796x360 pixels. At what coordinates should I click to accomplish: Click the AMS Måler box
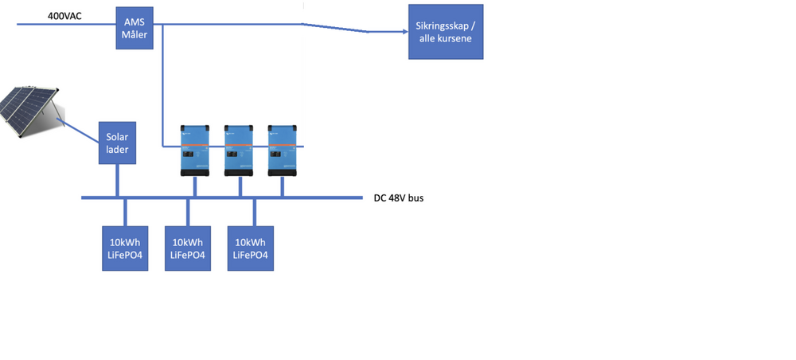pyautogui.click(x=135, y=29)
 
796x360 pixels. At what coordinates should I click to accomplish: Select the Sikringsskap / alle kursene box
pyautogui.click(x=445, y=31)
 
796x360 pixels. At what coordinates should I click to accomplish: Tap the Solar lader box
pyautogui.click(x=117, y=143)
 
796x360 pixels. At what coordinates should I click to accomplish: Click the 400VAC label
pyautogui.click(x=64, y=15)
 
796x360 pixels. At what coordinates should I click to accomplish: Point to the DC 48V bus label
pyautogui.click(x=398, y=198)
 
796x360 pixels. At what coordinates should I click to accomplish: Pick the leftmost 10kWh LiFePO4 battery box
pyautogui.click(x=125, y=248)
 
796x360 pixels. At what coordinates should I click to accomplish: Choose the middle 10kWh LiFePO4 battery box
pyautogui.click(x=187, y=248)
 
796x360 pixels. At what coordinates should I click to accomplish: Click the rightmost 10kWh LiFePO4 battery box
pyautogui.click(x=252, y=248)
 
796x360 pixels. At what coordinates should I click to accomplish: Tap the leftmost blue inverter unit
pyautogui.click(x=195, y=151)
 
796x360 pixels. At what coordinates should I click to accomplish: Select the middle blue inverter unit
pyautogui.click(x=238, y=151)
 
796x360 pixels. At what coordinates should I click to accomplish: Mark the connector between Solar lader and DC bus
pyautogui.click(x=118, y=180)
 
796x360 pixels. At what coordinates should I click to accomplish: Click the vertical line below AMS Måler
pyautogui.click(x=162, y=88)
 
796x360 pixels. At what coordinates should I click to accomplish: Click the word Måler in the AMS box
pyautogui.click(x=135, y=35)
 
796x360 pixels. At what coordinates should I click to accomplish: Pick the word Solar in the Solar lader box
pyautogui.click(x=117, y=137)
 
